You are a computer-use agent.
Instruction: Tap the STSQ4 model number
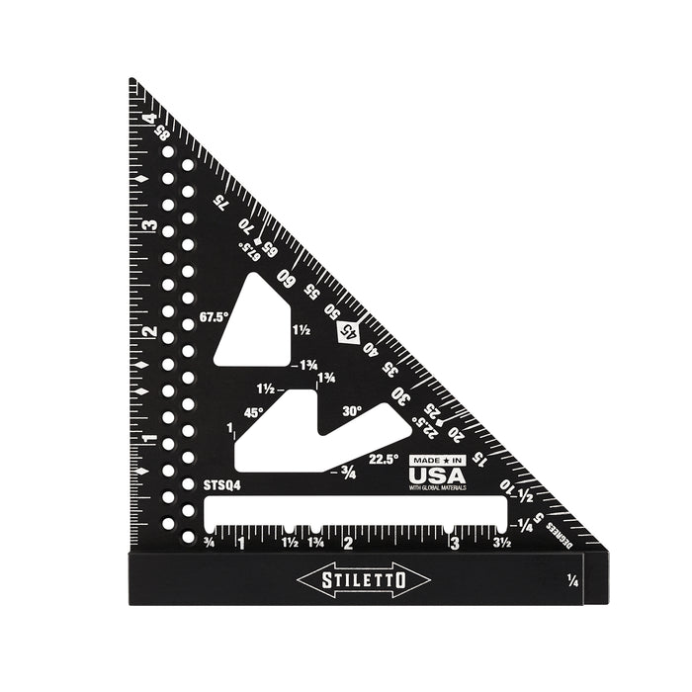click(221, 485)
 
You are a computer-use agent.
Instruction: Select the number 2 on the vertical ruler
click(148, 331)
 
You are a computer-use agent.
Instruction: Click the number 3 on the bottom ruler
click(454, 543)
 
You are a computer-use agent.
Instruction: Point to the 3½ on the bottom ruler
click(502, 543)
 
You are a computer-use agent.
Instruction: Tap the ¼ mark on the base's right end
click(573, 582)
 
